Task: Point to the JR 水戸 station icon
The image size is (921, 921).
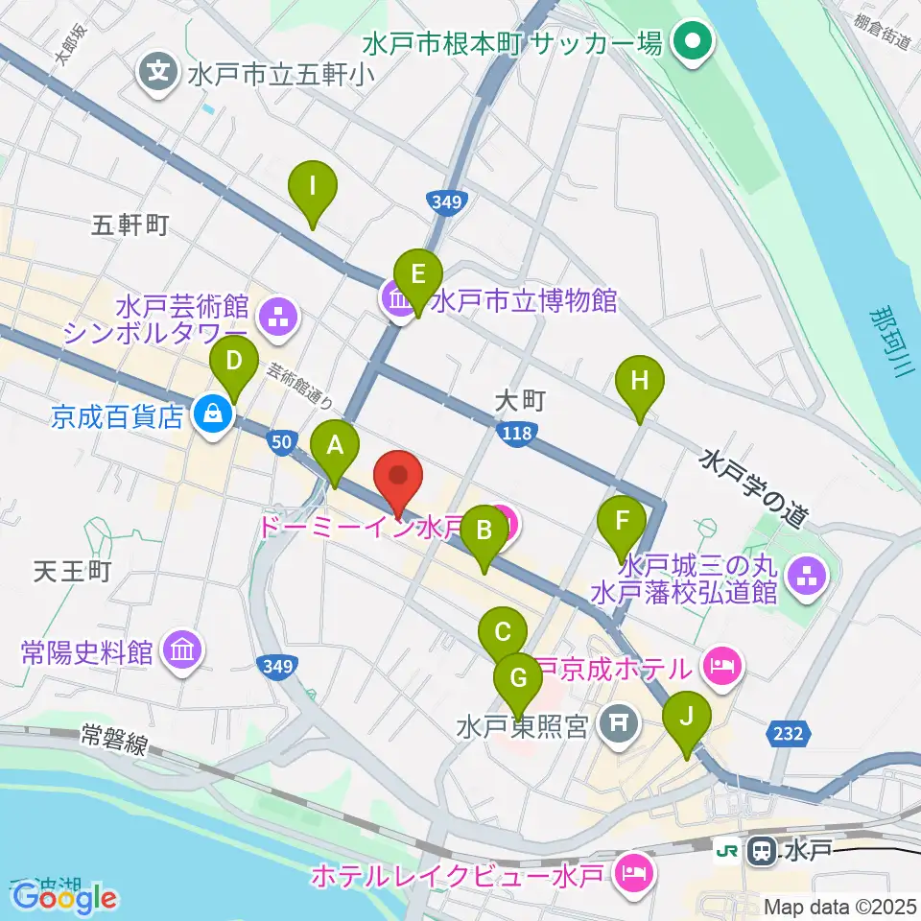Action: [x=764, y=849]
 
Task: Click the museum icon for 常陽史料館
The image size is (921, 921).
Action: [x=181, y=652]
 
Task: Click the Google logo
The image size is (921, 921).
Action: [x=65, y=898]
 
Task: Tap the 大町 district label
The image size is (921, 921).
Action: [x=520, y=400]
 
